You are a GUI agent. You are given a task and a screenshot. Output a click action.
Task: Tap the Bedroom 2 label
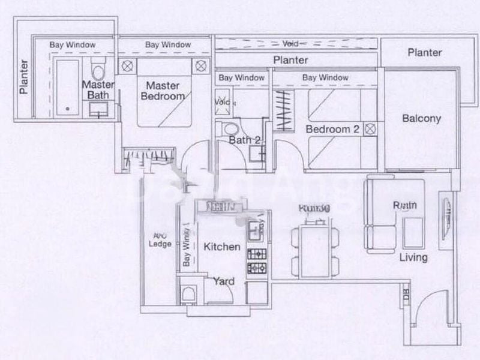(x=332, y=129)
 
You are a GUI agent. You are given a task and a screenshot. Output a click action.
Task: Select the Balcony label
(x=421, y=118)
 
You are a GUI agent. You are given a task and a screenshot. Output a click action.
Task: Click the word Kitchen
(x=222, y=247)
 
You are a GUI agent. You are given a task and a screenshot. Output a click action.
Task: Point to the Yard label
(x=224, y=281)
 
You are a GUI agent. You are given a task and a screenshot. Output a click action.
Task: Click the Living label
(x=414, y=258)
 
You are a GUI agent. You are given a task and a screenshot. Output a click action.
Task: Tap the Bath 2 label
(x=245, y=141)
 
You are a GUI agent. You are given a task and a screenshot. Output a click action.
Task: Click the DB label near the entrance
(x=406, y=296)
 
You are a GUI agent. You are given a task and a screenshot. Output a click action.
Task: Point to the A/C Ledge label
(x=161, y=239)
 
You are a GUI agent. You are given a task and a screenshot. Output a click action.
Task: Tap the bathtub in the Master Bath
(x=67, y=87)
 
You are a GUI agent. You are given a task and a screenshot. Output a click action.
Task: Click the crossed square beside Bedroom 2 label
(x=370, y=128)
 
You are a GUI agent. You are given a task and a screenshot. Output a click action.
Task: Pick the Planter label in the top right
(x=425, y=52)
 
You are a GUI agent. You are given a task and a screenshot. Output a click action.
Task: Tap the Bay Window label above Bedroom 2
(x=325, y=77)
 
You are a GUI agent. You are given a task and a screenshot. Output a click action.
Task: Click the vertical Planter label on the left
(x=24, y=77)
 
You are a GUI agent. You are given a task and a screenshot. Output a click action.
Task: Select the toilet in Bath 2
(x=229, y=129)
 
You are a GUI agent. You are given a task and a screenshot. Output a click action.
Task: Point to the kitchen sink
(x=254, y=227)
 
